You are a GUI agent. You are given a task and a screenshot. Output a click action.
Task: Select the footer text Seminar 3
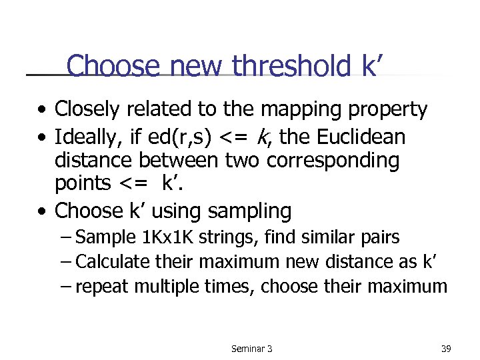(251, 349)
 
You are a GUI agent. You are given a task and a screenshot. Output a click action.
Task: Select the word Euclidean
(361, 137)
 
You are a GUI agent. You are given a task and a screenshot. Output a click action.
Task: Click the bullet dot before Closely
(42, 109)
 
